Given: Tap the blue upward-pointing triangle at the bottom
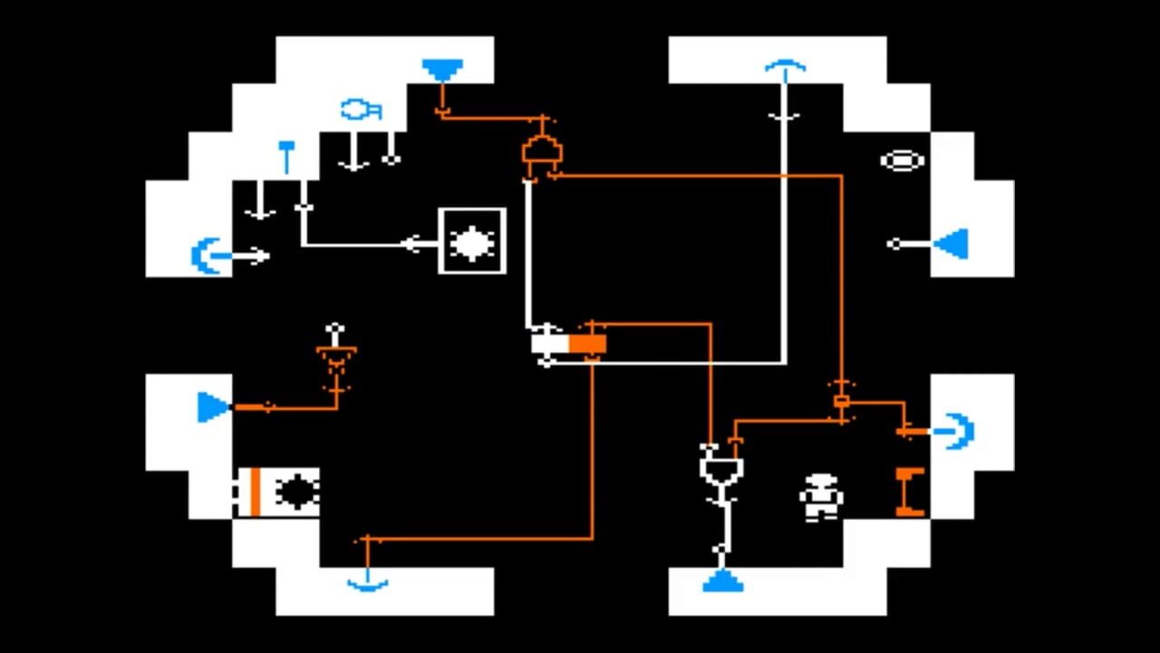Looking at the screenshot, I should click(x=722, y=581).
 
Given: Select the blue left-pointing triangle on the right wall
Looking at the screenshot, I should click(x=952, y=244).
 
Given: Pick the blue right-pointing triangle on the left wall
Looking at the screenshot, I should click(x=214, y=407).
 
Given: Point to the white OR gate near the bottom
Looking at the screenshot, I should click(x=721, y=469).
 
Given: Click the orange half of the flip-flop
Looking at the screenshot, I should click(x=587, y=344).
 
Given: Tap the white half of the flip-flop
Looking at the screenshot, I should click(x=549, y=344).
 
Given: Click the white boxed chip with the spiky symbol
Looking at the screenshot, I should click(x=472, y=242).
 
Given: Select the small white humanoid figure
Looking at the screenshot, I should click(x=821, y=497).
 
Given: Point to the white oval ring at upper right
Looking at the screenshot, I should click(x=902, y=161).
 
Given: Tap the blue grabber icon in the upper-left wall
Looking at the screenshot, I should click(x=360, y=110).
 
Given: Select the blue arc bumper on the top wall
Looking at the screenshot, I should click(x=784, y=67).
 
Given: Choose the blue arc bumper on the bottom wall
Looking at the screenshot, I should click(x=367, y=584).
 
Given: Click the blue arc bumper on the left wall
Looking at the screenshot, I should click(x=205, y=256).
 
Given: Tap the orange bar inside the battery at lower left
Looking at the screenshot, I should click(x=256, y=492).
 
